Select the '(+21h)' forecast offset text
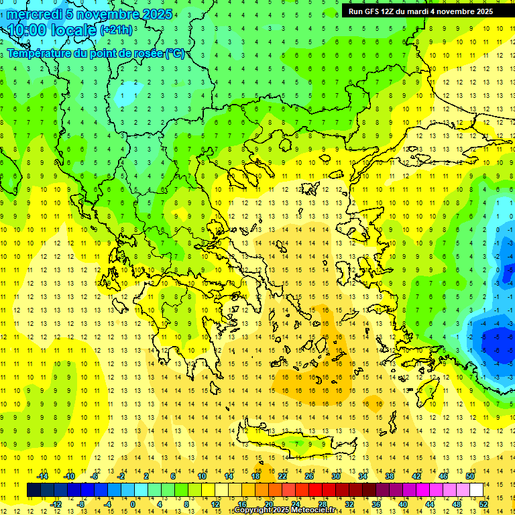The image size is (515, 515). [116, 30]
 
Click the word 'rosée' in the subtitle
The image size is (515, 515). [146, 54]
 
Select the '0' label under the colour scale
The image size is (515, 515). [133, 504]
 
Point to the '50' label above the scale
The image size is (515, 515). [469, 476]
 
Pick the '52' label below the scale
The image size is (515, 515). [483, 504]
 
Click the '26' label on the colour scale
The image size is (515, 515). [309, 476]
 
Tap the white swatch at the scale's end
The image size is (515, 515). [476, 490]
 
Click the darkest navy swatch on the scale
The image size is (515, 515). [34, 490]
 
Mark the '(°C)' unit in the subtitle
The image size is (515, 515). [176, 54]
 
